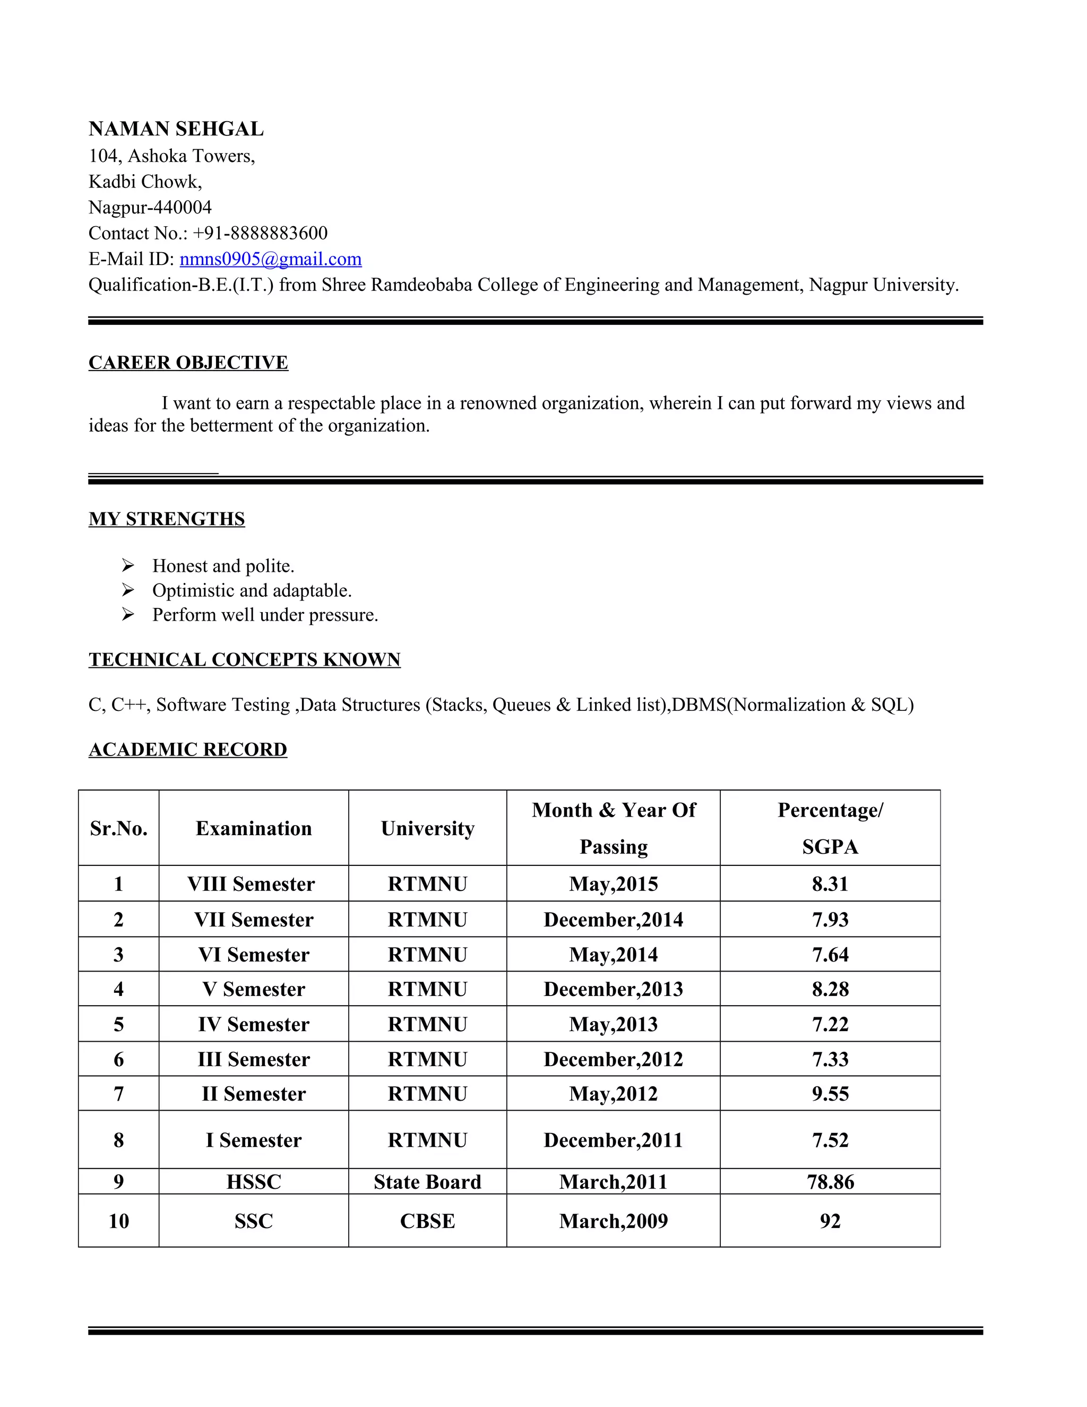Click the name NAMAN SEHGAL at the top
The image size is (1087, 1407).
176,129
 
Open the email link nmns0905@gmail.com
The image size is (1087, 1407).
271,259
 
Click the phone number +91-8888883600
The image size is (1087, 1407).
260,233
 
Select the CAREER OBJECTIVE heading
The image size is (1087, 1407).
188,363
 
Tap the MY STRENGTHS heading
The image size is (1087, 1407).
167,519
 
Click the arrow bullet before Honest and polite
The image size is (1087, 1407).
128,565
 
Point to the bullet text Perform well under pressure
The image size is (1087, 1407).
265,615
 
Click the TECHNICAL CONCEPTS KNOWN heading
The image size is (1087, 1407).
245,659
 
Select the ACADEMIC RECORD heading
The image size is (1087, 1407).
188,749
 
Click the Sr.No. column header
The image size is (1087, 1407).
118,828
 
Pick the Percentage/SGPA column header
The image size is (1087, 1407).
830,828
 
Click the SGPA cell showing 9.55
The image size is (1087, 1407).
830,1094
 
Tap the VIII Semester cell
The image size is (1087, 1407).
251,884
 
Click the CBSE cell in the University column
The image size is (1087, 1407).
428,1221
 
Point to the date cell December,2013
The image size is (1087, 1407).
613,989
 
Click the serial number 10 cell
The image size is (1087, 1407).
118,1221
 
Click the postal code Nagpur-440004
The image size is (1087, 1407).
150,208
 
